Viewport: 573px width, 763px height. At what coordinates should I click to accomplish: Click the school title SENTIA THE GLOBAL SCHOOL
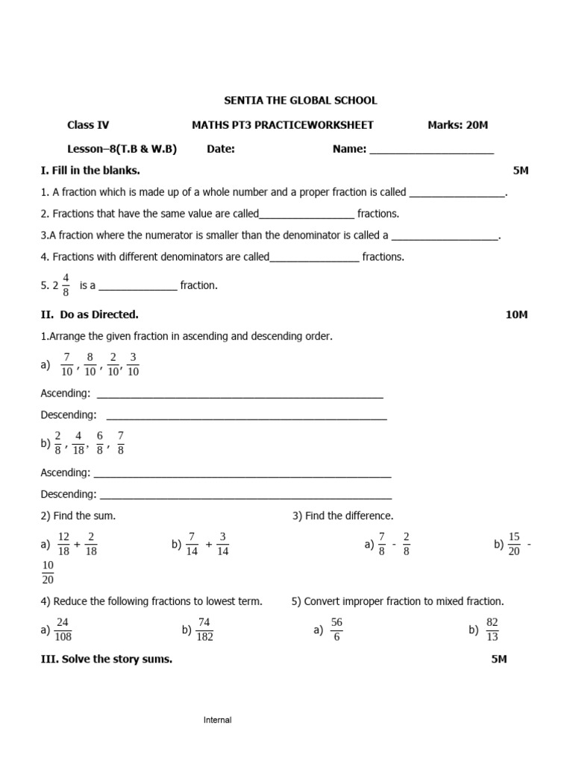click(x=301, y=101)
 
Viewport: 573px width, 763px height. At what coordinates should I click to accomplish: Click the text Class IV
click(x=88, y=125)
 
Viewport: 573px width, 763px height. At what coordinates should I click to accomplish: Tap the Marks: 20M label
click(x=457, y=125)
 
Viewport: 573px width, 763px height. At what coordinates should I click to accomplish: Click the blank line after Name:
click(x=431, y=150)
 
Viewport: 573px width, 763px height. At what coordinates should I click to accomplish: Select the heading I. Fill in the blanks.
click(x=90, y=171)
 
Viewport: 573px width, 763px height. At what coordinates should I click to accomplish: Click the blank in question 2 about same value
click(x=307, y=215)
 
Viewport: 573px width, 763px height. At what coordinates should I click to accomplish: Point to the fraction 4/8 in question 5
click(x=66, y=285)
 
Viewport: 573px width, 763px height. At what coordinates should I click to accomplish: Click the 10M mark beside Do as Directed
click(x=516, y=314)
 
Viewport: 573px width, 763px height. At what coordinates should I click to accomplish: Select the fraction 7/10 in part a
click(x=67, y=365)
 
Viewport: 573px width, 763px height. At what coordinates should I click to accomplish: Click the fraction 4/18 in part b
click(x=79, y=443)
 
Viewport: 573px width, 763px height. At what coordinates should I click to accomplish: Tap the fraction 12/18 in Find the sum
click(x=63, y=544)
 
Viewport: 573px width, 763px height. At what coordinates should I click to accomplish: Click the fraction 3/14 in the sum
click(x=222, y=544)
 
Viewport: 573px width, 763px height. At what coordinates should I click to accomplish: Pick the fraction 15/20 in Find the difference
click(x=514, y=544)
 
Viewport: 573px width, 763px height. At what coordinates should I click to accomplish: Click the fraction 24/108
click(x=63, y=630)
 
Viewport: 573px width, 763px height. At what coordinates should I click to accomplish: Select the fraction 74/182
click(x=204, y=630)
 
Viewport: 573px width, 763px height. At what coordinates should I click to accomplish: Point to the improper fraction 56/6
click(x=336, y=630)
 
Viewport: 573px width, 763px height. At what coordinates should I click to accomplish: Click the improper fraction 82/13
click(x=492, y=630)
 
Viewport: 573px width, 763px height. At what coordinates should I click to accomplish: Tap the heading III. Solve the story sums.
click(x=106, y=659)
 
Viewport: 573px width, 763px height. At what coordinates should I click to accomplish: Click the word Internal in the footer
click(x=218, y=720)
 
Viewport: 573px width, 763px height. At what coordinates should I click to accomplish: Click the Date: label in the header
click(x=221, y=149)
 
